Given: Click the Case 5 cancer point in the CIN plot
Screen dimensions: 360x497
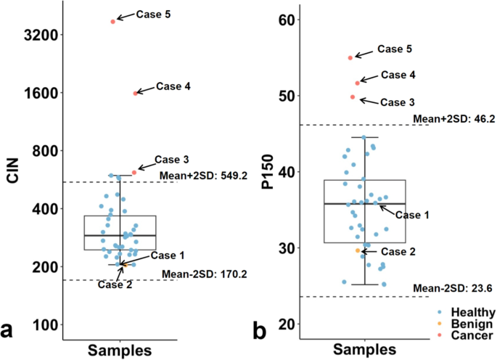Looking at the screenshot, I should click(x=113, y=22).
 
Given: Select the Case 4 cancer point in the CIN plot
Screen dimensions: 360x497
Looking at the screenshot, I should click(x=136, y=93).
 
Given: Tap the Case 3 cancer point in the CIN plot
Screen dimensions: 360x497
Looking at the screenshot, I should click(x=134, y=172).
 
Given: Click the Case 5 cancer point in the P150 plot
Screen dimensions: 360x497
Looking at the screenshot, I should click(x=350, y=57).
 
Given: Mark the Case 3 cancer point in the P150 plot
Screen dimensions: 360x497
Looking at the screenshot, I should click(x=353, y=97).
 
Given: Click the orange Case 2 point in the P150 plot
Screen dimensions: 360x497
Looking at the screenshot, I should click(x=358, y=250).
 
